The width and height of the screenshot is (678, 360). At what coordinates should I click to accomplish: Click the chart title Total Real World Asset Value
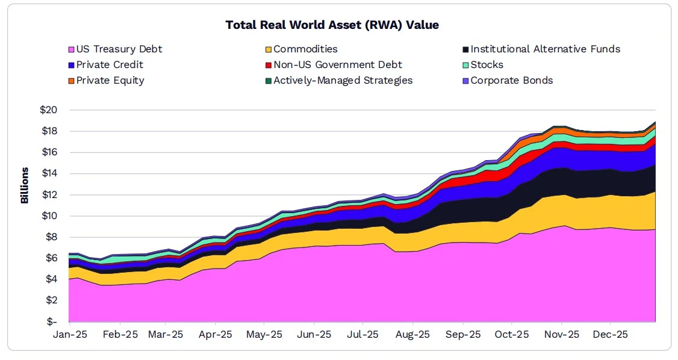point(332,25)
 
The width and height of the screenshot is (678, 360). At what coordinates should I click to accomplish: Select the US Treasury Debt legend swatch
point(70,49)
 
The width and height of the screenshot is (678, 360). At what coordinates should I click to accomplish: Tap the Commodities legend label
point(305,49)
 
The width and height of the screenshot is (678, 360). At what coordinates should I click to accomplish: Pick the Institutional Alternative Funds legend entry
point(545,49)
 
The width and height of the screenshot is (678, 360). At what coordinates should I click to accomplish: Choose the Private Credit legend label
point(110,65)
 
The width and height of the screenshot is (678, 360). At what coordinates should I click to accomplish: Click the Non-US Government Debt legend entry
point(337,65)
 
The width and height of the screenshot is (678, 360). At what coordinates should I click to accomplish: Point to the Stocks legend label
point(487,65)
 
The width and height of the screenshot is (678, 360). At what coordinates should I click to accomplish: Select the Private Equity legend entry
point(110,81)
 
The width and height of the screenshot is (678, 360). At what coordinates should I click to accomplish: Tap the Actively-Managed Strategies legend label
point(343,81)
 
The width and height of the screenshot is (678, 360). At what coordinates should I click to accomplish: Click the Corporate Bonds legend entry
point(511,81)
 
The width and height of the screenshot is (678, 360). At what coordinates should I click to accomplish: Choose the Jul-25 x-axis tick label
point(363,335)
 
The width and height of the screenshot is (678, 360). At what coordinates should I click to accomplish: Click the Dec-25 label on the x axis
point(611,335)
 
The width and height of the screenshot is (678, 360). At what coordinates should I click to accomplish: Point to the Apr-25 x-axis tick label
point(215,335)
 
